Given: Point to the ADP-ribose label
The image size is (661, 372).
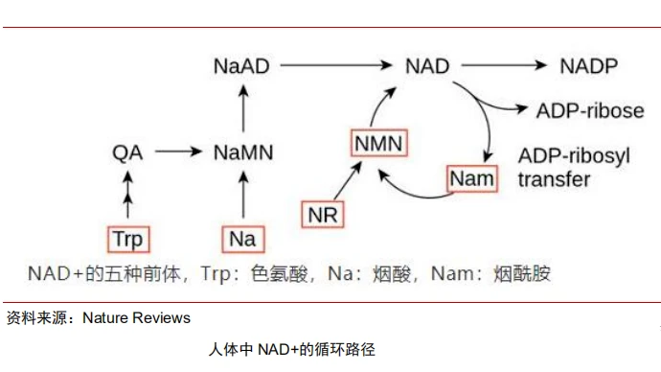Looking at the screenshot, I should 589,110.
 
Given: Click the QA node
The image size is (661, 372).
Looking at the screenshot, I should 127,151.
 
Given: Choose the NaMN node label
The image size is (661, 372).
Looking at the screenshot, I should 241,151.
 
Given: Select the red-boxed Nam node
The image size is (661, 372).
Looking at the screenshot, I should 472,178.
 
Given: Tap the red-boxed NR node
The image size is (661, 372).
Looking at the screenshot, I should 323,214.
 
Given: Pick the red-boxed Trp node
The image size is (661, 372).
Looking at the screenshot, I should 126,238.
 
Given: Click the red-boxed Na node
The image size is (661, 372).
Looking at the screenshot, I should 241,238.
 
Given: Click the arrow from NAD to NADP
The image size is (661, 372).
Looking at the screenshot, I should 509,66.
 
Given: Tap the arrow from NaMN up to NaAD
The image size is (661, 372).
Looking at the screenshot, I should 241,107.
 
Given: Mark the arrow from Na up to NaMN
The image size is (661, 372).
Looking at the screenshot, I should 241,195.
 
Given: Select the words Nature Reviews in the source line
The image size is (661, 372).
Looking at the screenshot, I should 136,317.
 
